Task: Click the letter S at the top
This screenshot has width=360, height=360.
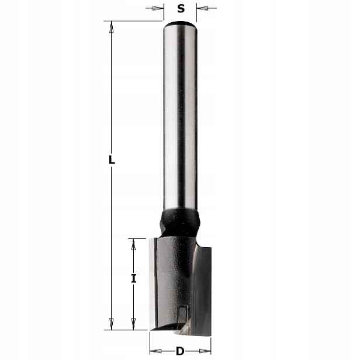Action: coord(181,9)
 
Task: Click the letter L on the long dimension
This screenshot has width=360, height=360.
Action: coord(112,160)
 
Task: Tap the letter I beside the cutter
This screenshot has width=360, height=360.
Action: coord(134,279)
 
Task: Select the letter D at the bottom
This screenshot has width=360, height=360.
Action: coord(180,351)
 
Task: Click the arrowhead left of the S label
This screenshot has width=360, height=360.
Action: coord(157,9)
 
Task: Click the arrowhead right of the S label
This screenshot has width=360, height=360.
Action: coord(203,9)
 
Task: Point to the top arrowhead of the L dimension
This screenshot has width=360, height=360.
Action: coord(112,27)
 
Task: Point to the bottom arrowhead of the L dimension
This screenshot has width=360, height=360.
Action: coord(112,324)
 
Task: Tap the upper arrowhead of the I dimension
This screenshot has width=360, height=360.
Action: coord(133,244)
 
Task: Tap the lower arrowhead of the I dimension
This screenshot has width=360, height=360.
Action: coord(133,324)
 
